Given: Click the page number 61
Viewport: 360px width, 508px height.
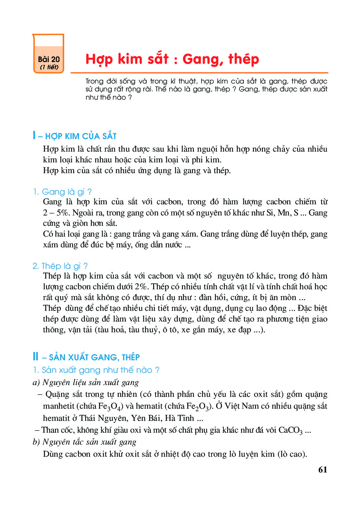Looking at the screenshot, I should tap(322, 470).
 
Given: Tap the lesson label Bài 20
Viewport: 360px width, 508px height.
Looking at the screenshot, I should tap(49, 60).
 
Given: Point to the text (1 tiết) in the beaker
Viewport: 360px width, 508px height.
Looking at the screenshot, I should tap(49, 67).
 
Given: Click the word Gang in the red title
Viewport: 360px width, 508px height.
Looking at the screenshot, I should tap(201, 59).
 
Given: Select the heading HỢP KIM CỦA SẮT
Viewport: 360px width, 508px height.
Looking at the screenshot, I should tap(81, 136).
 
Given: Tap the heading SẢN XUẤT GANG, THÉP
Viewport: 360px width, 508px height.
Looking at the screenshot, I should tap(94, 357).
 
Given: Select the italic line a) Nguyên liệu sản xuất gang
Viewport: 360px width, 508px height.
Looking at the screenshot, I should tap(86, 383).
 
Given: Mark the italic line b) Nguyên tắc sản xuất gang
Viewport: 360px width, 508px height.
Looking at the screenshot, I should tap(85, 442).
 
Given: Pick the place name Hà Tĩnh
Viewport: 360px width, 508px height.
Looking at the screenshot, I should tap(179, 418).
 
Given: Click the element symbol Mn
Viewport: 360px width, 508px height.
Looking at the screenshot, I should tap(284, 213).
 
